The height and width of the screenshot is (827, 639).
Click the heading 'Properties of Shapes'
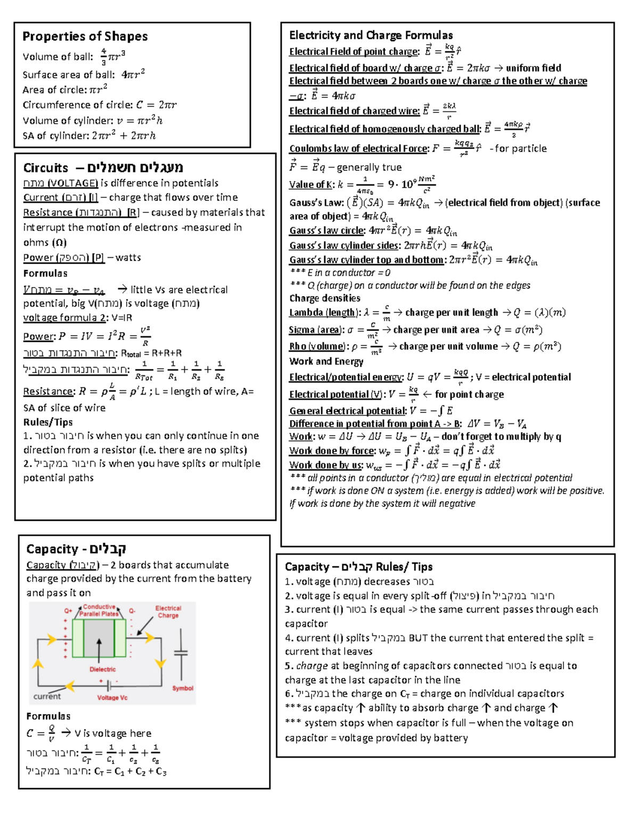[85, 36]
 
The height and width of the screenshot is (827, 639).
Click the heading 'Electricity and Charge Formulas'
[371, 35]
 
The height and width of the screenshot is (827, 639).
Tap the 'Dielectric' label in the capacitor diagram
[102, 669]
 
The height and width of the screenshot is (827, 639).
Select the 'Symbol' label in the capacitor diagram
[183, 688]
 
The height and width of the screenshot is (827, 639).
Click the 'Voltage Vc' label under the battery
[112, 698]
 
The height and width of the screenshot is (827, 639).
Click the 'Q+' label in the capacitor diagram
[68, 611]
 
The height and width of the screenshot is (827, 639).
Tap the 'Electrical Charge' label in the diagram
[168, 612]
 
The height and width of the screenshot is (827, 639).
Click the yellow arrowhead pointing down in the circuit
[160, 663]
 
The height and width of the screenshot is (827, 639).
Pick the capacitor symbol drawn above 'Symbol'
[181, 653]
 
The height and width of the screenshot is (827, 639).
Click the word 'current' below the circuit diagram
[47, 696]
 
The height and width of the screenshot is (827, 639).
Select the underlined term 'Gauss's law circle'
[327, 231]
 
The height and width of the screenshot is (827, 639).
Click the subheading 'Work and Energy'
[326, 362]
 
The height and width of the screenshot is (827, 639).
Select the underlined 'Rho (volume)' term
[317, 347]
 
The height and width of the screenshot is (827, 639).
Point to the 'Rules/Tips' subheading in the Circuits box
[48, 422]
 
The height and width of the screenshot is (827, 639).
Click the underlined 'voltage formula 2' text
[64, 318]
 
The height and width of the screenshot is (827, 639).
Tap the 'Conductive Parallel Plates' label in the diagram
[99, 610]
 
